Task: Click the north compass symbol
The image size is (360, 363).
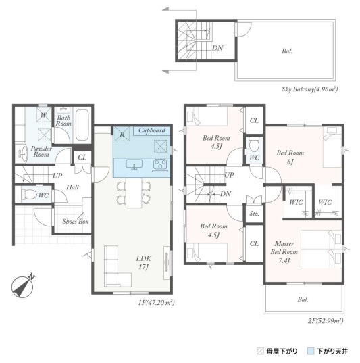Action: coord(22,287)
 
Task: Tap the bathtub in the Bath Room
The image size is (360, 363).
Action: coord(82,124)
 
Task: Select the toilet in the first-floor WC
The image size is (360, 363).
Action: coord(28,194)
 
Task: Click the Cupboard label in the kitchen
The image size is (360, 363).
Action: coord(152,130)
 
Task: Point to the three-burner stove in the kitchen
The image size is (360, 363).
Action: coord(160,164)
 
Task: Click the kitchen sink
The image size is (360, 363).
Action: coord(134,164)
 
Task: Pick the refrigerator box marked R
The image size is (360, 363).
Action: coord(122,134)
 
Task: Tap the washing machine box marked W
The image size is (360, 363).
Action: coord(44,115)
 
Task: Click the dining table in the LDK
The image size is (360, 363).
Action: coord(134,193)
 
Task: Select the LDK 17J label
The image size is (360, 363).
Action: coord(144,262)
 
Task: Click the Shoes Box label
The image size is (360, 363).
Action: coord(76,221)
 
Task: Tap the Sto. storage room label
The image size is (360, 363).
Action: coord(254,214)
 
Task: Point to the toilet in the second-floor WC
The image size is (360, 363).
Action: coord(254,145)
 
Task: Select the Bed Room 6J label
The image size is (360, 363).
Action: coord(290,158)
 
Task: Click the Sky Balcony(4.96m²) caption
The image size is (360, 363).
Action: coord(309,89)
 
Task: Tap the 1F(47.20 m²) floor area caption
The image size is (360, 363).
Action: coord(157,303)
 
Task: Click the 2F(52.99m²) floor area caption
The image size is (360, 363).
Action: coord(326,321)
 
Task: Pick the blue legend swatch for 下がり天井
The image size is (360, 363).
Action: coord(311,352)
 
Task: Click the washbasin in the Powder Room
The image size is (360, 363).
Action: coord(23,153)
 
